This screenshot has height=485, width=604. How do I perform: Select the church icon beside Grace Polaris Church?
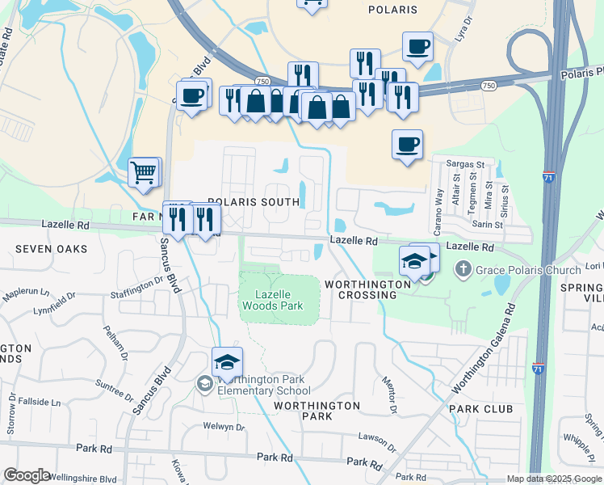pos(463,268)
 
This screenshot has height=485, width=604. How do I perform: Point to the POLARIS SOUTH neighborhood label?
pos(248,201)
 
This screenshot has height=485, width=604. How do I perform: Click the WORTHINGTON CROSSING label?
pos(361,289)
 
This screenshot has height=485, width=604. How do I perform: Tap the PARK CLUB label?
pos(481,409)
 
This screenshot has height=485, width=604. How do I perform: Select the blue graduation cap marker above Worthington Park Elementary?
pos(227,364)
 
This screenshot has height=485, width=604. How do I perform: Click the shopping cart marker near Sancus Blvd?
pos(145,172)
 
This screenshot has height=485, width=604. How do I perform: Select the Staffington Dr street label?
pos(137,282)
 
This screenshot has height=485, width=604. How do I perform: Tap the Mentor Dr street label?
pos(389,396)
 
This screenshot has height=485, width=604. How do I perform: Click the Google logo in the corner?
pos(27,475)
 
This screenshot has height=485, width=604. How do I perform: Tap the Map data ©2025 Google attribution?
pos(552,479)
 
